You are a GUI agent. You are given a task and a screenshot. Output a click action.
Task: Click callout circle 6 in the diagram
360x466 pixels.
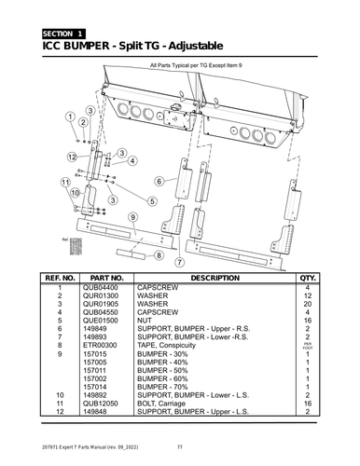159,181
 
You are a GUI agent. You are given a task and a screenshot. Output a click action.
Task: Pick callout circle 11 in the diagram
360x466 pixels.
64,181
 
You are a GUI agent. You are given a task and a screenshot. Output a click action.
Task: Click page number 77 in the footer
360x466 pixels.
180,455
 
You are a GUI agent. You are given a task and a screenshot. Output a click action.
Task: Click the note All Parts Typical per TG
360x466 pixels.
195,66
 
